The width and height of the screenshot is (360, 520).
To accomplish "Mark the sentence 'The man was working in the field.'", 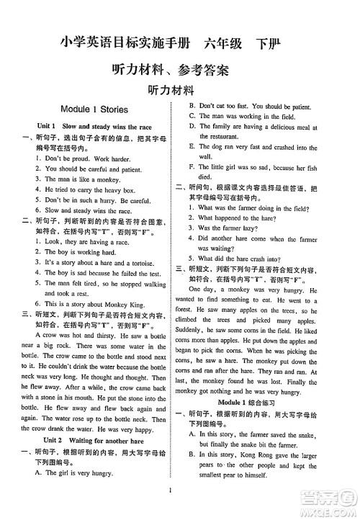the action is (x=251, y=115).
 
